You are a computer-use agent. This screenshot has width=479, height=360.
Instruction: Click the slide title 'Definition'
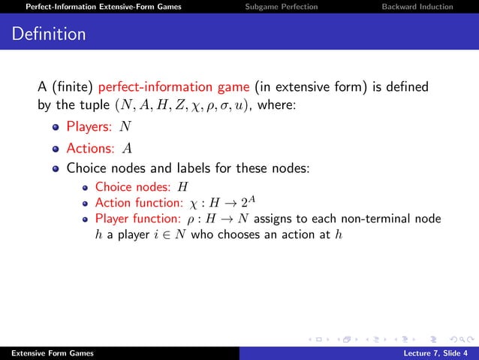[x=49, y=35]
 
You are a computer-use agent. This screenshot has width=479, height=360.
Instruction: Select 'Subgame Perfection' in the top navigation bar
[x=282, y=7]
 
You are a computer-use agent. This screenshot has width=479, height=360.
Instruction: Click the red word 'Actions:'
[x=92, y=147]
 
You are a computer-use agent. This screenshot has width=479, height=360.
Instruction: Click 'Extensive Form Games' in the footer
[x=43, y=353]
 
